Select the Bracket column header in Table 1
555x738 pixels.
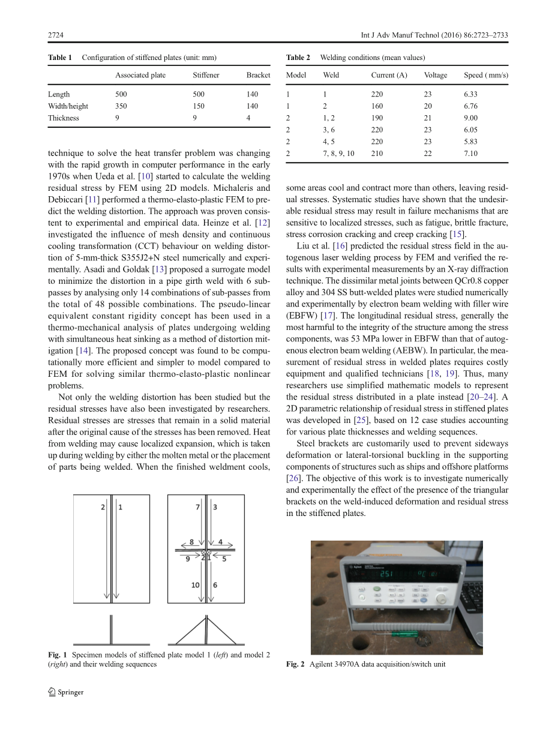[x=258, y=76]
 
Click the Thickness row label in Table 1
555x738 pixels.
[x=64, y=118]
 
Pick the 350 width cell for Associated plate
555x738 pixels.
[x=121, y=106]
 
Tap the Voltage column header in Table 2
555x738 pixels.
[x=436, y=76]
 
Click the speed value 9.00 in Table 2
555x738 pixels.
[x=470, y=118]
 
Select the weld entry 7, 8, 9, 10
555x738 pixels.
[x=338, y=154]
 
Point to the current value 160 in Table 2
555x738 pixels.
[x=377, y=106]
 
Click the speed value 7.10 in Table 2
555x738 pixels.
[x=470, y=154]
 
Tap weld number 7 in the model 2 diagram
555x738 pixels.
[x=198, y=508]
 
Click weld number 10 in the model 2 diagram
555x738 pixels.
[x=196, y=585]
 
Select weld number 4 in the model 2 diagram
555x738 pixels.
[x=220, y=542]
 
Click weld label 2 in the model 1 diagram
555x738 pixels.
[x=103, y=508]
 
